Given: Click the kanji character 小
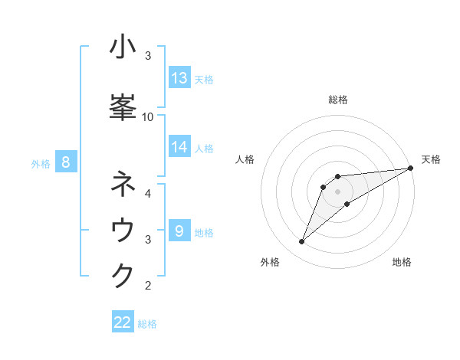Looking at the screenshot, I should point(123,47).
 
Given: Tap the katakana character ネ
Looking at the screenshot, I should point(123,185).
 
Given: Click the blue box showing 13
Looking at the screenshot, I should point(179,78).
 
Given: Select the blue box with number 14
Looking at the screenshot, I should point(179,146).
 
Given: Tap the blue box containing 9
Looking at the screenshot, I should point(179,231).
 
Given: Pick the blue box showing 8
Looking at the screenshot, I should point(66,162).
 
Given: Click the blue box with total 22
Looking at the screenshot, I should point(123,322).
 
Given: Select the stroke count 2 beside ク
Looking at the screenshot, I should point(147,286).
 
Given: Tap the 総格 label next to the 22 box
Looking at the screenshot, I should point(147,324).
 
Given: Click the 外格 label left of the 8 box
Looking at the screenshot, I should point(40,163).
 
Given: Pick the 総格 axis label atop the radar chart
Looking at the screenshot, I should point(337,100).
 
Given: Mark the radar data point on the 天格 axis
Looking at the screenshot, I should point(410,168).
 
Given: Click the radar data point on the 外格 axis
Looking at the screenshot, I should point(302,242).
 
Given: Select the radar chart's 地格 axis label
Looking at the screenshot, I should point(402,262).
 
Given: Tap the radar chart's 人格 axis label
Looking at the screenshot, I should point(245,159).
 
